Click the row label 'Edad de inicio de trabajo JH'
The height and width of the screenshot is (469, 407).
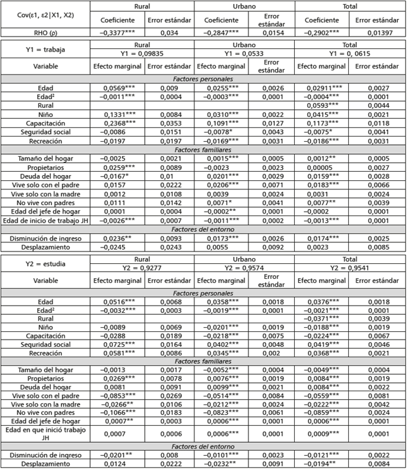pos(44,221)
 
